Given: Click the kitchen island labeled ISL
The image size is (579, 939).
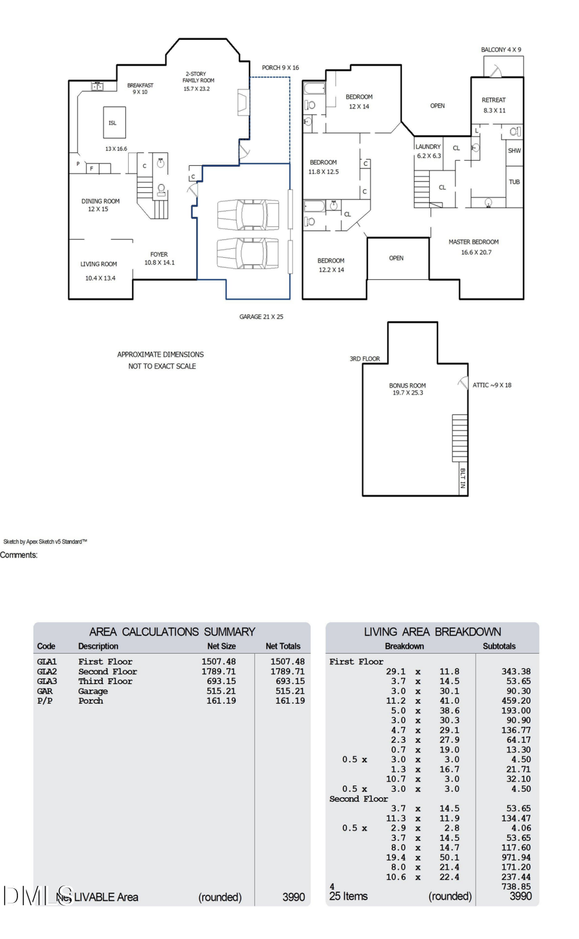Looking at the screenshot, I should point(114,122).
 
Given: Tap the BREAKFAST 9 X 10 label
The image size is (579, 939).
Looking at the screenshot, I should point(140,89).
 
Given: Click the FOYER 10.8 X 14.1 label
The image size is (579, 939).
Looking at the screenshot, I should point(159,259).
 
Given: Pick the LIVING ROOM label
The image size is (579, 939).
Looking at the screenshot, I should point(98,264).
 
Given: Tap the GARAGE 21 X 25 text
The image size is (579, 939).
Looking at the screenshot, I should point(261,316).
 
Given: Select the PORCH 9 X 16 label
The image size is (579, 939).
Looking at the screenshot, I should point(280,68).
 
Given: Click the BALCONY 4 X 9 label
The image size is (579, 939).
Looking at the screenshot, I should point(501,50).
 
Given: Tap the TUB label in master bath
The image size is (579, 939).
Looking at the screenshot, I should point(514,182).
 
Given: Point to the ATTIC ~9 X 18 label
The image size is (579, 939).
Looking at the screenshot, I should point(492,385).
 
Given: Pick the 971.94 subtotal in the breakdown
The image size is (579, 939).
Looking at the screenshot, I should point(516,857).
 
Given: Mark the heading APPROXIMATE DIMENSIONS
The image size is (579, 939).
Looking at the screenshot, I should point(160,354).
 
